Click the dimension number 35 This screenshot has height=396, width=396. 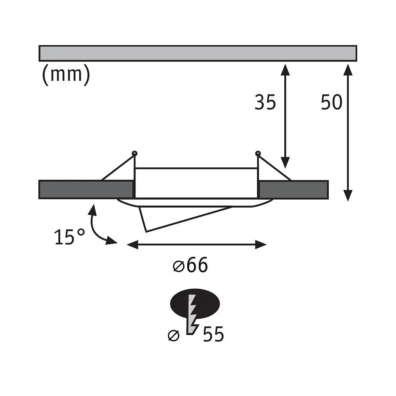(265, 102)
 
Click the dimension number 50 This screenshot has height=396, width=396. (331, 102)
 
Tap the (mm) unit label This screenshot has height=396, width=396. (66, 75)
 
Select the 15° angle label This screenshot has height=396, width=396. (69, 237)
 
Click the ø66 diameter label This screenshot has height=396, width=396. (190, 265)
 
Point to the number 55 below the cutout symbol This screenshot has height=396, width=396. (213, 334)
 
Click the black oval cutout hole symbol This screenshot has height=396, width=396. (195, 304)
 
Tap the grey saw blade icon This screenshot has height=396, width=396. (192, 315)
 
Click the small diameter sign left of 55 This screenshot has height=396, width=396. (173, 336)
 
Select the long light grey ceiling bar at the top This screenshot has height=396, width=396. (198, 53)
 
